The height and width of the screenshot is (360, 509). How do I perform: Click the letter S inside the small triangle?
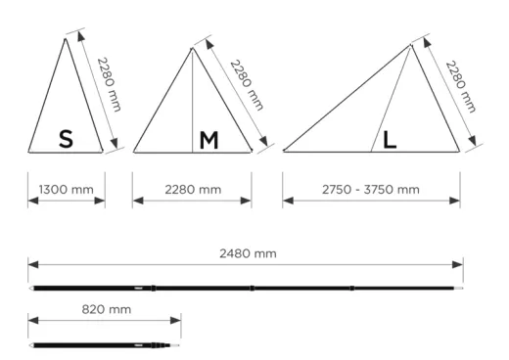pyautogui.click(x=66, y=139)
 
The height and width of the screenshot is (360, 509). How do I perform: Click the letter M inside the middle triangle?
pyautogui.click(x=208, y=140)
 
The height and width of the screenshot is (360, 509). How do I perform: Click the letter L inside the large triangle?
pyautogui.click(x=390, y=140)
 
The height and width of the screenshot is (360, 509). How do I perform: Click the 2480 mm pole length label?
pyautogui.click(x=245, y=253)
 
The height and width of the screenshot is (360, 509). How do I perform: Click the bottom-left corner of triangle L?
pyautogui.click(x=284, y=152)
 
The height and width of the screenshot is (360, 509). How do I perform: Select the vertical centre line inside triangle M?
pyautogui.click(x=192, y=108)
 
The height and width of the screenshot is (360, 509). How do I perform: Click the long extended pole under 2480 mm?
pyautogui.click(x=245, y=288)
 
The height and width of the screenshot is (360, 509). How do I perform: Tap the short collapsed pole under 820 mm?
pyautogui.click(x=105, y=344)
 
